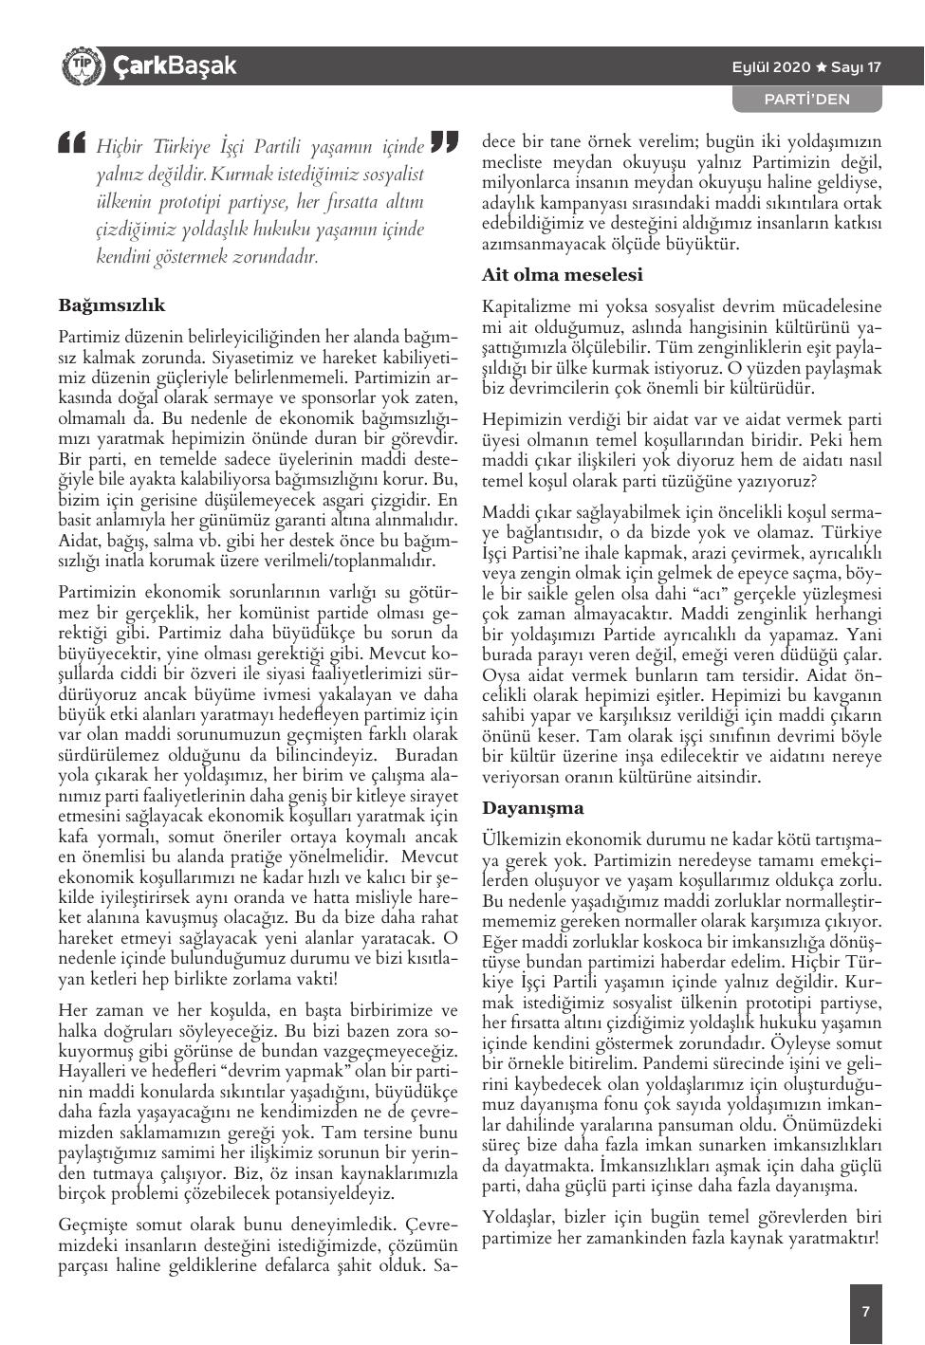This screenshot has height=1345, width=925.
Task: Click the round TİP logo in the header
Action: point(80,65)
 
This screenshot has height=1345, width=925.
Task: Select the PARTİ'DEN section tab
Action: point(807,99)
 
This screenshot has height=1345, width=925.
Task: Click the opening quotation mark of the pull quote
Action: point(72,141)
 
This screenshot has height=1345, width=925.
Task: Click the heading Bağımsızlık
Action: point(112,305)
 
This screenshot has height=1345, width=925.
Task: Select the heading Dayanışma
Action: point(533,808)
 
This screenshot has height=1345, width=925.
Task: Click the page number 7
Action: point(865,1312)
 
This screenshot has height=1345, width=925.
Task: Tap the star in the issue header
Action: point(822,66)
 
